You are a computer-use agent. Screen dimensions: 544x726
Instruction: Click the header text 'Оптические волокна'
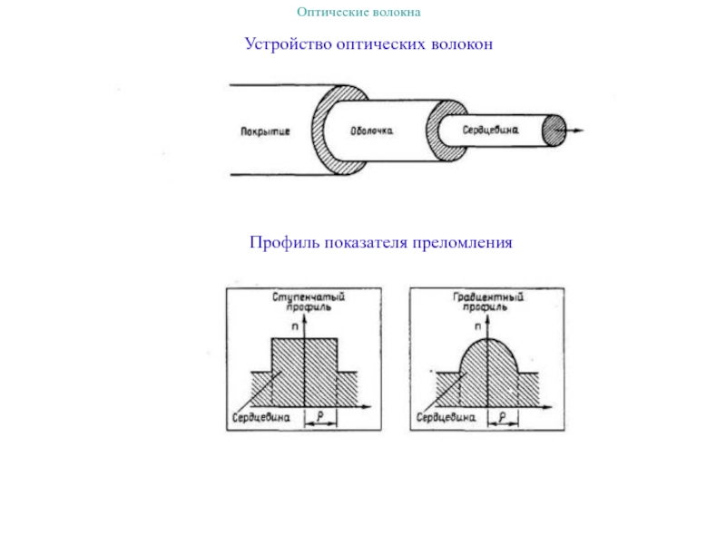(359, 13)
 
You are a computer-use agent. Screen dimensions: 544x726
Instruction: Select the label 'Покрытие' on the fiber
(265, 131)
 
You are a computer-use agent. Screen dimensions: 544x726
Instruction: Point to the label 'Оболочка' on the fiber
(372, 131)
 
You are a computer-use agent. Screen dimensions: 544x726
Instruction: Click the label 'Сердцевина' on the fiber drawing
(490, 130)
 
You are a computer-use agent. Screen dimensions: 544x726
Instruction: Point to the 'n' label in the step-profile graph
(295, 324)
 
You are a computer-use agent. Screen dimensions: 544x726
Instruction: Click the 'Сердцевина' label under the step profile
(260, 418)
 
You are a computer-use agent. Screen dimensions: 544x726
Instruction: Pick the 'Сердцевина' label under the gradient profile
(446, 418)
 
